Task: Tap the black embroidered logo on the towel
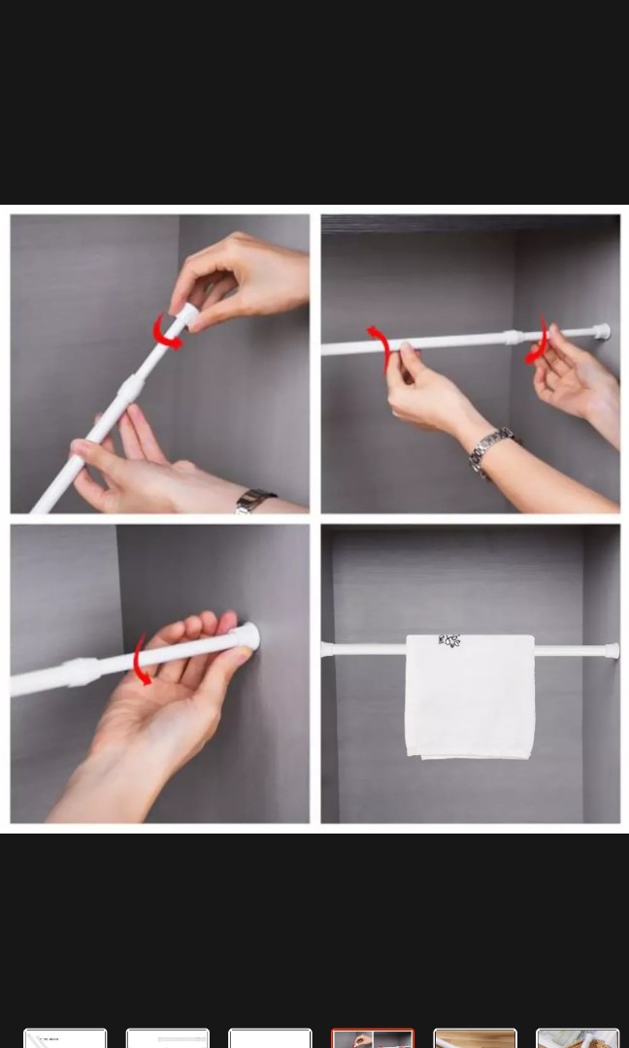(448, 640)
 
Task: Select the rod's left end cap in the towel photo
(326, 648)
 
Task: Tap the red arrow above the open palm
(141, 660)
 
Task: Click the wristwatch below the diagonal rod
(255, 501)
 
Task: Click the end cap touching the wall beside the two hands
(602, 331)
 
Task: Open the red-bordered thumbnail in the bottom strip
(373, 1038)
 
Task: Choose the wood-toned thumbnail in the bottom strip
(475, 1038)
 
